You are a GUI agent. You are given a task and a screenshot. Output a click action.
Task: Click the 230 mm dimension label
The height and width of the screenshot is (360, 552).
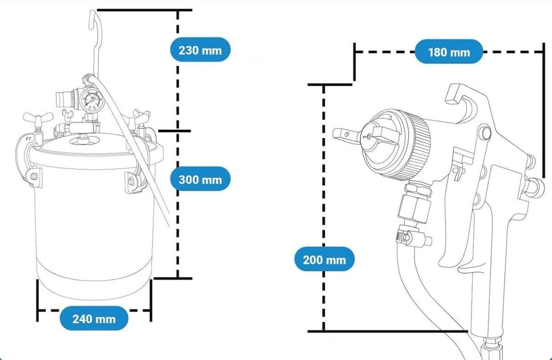[x=200, y=49]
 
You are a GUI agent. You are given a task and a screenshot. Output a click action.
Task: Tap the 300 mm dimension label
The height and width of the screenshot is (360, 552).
[x=200, y=179]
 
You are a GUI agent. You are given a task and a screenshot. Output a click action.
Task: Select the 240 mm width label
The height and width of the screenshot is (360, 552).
[x=94, y=318]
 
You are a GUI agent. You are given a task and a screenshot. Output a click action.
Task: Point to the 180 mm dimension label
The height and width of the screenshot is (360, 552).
[x=448, y=52]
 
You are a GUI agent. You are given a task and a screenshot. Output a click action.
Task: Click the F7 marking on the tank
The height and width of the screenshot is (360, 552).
[x=27, y=139]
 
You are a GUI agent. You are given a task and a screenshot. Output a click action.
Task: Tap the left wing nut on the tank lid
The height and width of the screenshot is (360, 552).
[x=35, y=119]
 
